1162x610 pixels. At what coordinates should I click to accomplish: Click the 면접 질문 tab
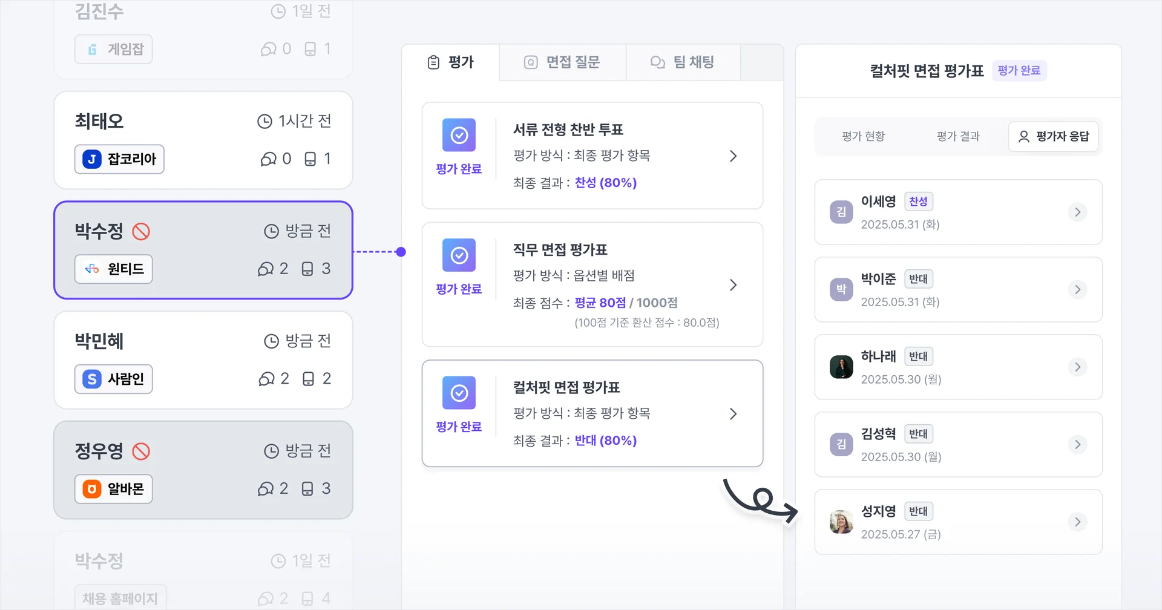coord(562,62)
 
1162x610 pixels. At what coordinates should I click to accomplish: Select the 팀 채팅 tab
coord(683,62)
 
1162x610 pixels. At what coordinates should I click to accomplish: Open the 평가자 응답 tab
coord(1054,137)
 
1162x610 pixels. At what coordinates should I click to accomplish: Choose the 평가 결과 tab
coord(958,137)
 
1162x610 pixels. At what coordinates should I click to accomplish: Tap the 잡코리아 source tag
coord(119,159)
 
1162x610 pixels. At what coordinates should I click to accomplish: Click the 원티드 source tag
coord(114,269)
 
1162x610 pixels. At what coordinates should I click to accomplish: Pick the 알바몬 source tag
coord(114,489)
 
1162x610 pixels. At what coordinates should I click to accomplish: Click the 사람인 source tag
coord(114,379)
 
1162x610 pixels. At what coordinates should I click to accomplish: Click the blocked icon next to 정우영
coord(141,451)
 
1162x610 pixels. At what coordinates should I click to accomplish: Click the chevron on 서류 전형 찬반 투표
coord(733,156)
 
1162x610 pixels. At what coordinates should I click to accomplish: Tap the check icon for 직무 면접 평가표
coord(459,255)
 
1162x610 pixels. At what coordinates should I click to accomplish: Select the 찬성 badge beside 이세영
coord(918,202)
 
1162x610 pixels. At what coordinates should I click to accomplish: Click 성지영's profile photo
coord(841,522)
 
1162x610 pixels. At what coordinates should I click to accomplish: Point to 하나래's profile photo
coord(841,367)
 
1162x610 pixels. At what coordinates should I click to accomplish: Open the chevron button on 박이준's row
coord(1077,289)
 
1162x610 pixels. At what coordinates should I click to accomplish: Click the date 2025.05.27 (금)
coord(901,534)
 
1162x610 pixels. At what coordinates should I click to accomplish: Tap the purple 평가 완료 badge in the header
coord(1019,71)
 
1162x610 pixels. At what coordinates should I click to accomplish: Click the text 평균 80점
coord(600,303)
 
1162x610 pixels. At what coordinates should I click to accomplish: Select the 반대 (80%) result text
coord(605,441)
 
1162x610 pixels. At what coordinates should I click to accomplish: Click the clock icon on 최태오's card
coord(264,122)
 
